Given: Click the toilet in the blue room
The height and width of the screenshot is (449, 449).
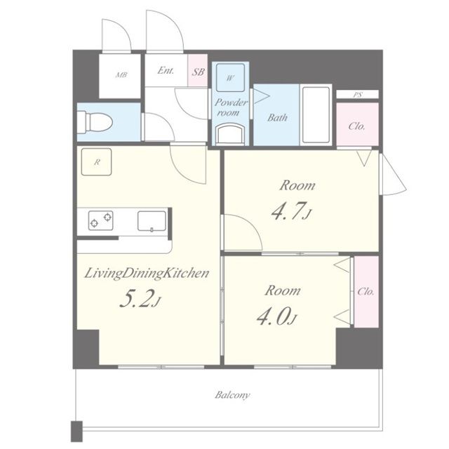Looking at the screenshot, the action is tap(95, 123).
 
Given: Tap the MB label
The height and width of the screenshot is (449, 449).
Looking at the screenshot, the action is tap(121, 75).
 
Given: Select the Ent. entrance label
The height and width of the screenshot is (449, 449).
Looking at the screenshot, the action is tap(166, 70).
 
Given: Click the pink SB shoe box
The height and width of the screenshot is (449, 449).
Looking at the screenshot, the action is tap(198, 70).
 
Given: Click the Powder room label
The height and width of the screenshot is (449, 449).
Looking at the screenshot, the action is tap(230, 107).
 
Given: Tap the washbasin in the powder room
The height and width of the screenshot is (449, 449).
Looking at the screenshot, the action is tap(230, 134).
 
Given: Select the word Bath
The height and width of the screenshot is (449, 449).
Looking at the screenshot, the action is tap(277, 117).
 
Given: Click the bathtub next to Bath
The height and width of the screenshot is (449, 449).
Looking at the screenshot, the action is tap(316, 114).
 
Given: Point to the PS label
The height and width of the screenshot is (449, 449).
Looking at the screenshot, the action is tap(358, 95).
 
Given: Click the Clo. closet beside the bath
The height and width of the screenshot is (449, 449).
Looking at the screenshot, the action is tap(357, 124).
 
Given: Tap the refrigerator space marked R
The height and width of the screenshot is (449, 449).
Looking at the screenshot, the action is tap(97, 162).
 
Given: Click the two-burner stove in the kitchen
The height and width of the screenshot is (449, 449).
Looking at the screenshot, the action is tap(100, 220).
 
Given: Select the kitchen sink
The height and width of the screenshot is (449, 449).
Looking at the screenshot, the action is tap(152, 221).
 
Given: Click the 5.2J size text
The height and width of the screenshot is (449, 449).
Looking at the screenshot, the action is tap(140, 298).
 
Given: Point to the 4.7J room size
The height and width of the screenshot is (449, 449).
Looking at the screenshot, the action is tap(291, 211).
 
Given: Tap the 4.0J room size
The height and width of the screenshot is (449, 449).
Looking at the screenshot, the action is tap(276, 316).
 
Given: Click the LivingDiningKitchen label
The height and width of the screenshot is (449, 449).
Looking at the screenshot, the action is tap(147, 273).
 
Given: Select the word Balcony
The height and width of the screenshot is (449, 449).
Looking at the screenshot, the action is tap(232, 395).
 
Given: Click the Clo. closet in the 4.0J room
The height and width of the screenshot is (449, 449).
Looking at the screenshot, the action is tap(366, 292).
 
